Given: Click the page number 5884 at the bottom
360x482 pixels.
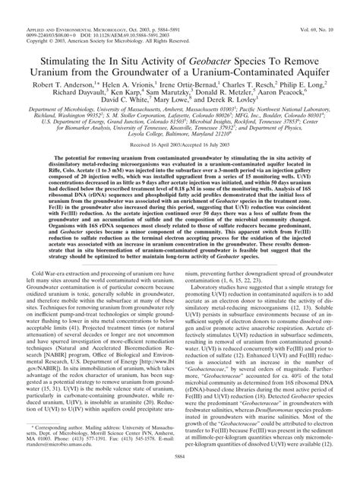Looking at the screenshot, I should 179,471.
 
